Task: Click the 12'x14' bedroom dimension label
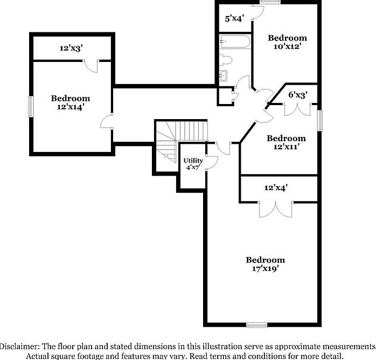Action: pyautogui.click(x=71, y=107)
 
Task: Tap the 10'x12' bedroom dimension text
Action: pyautogui.click(x=287, y=47)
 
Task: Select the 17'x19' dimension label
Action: pyautogui.click(x=265, y=268)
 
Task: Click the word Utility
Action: pyautogui.click(x=193, y=161)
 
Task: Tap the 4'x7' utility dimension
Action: pyautogui.click(x=193, y=168)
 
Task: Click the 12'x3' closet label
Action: pyautogui.click(x=71, y=49)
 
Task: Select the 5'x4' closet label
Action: pyautogui.click(x=235, y=18)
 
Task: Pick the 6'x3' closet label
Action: pyautogui.click(x=297, y=95)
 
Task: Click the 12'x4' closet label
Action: pyautogui.click(x=276, y=188)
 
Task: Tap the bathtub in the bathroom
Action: pyautogui.click(x=235, y=41)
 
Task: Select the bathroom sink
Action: pyautogui.click(x=224, y=75)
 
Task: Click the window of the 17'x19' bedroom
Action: pyautogui.click(x=256, y=324)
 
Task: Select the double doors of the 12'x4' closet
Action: pyautogui.click(x=275, y=209)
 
